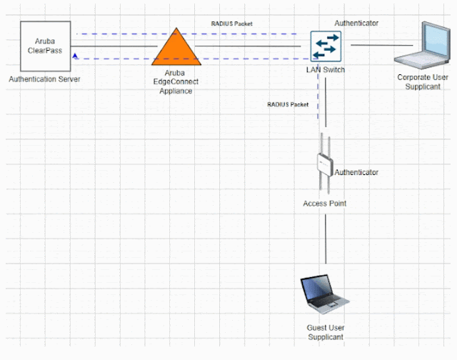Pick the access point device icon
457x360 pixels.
[x=325, y=165]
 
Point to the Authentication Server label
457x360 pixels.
[x=44, y=79]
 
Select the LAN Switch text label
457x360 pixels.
[x=326, y=71]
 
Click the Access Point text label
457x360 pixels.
[x=325, y=204]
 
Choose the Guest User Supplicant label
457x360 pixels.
[x=325, y=332]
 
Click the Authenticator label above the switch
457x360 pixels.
[x=356, y=24]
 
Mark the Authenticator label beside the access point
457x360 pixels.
[x=356, y=172]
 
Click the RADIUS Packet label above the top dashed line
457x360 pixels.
[x=231, y=24]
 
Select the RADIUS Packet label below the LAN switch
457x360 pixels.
[x=288, y=104]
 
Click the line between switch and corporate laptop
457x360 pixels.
[x=372, y=45]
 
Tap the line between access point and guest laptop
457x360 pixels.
[x=326, y=239]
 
